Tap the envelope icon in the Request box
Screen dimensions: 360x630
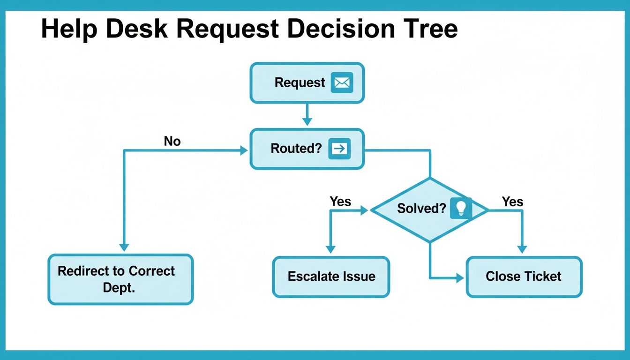pos(342,82)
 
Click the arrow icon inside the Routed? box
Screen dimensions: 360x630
pos(339,149)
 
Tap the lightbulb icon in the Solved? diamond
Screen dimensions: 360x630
pos(460,208)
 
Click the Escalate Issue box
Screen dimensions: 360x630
pos(331,277)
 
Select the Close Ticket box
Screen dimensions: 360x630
pos(524,277)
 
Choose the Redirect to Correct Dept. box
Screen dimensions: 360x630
pos(120,279)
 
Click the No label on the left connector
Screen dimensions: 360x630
pos(172,141)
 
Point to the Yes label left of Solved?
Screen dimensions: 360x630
pos(340,202)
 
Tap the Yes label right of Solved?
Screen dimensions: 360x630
pos(512,202)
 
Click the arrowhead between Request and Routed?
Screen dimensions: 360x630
pos(307,121)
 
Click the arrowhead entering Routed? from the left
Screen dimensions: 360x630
pos(243,150)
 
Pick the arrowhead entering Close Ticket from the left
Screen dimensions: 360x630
pos(459,278)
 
